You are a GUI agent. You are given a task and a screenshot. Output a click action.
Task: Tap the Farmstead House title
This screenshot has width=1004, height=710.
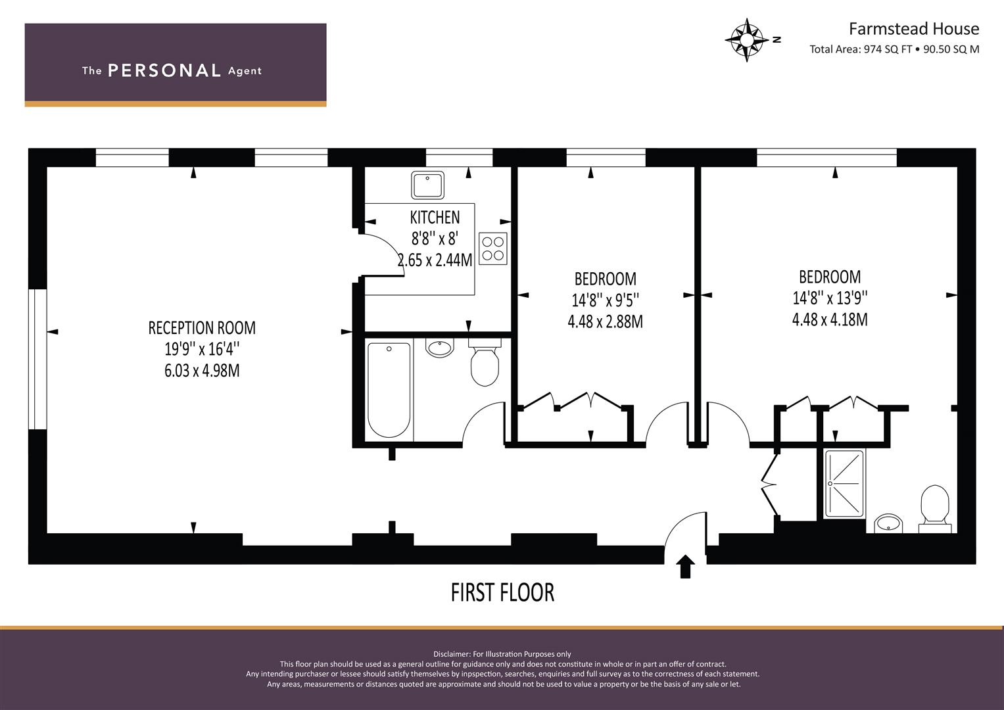[913, 29]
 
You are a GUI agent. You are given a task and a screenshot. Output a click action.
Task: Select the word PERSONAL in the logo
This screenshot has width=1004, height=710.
[164, 70]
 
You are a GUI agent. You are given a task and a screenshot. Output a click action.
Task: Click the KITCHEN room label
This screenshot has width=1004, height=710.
[435, 217]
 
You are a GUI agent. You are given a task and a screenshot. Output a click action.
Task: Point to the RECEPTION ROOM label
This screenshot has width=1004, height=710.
[202, 327]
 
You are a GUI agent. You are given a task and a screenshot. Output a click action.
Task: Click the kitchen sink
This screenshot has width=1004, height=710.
[428, 185]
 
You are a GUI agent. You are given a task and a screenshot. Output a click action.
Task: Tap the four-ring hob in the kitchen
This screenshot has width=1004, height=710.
[493, 248]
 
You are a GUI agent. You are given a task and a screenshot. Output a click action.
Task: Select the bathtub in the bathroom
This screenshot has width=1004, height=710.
[389, 389]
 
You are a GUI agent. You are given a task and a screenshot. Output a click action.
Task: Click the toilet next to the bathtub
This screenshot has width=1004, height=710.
[485, 364]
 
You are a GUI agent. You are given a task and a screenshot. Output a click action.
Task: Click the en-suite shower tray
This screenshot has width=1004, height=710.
[844, 484]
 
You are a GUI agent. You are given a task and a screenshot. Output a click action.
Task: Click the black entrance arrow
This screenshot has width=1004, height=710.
[685, 566]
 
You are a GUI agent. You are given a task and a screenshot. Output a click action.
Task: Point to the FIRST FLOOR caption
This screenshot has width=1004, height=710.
[502, 592]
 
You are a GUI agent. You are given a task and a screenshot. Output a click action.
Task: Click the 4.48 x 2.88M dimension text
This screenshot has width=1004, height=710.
[605, 321]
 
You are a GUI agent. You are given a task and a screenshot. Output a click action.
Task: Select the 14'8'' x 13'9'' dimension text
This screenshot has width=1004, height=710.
[830, 298]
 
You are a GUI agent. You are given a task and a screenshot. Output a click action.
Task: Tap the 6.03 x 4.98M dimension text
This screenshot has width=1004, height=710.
[202, 371]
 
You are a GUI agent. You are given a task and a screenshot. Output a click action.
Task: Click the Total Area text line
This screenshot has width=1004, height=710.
[894, 49]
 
